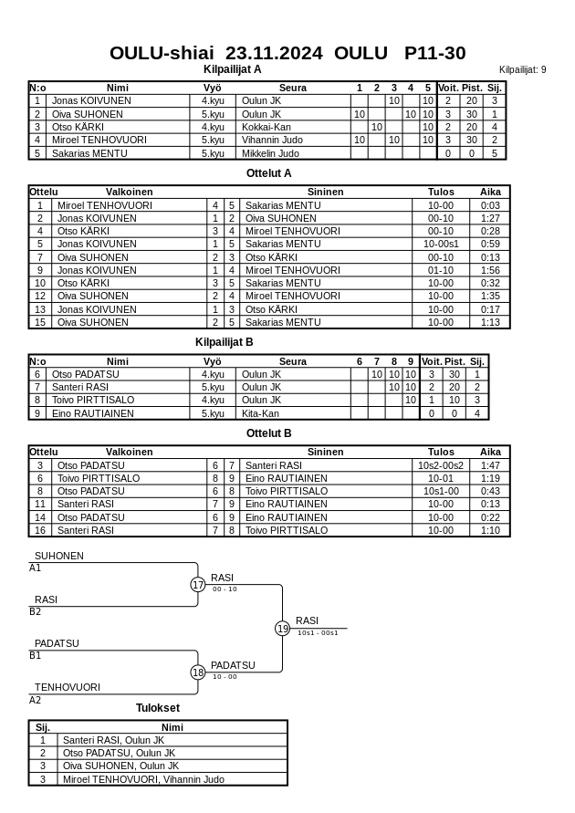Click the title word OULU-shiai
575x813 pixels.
162,53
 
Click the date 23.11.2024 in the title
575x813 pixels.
274,53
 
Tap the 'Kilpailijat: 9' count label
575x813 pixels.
522,69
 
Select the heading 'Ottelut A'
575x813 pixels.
269,173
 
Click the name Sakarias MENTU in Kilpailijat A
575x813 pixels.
89,153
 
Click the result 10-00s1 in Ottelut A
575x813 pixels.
441,245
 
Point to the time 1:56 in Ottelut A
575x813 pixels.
490,271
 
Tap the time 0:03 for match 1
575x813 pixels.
490,206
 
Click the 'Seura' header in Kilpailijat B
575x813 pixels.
293,361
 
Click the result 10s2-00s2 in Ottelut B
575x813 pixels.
441,465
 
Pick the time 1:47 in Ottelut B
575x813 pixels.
490,465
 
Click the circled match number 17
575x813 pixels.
198,585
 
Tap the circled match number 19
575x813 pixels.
283,629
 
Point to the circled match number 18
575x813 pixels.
198,672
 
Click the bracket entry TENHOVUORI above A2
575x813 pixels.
68,687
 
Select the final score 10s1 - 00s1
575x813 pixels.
318,632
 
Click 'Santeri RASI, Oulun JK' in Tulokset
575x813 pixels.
114,740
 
